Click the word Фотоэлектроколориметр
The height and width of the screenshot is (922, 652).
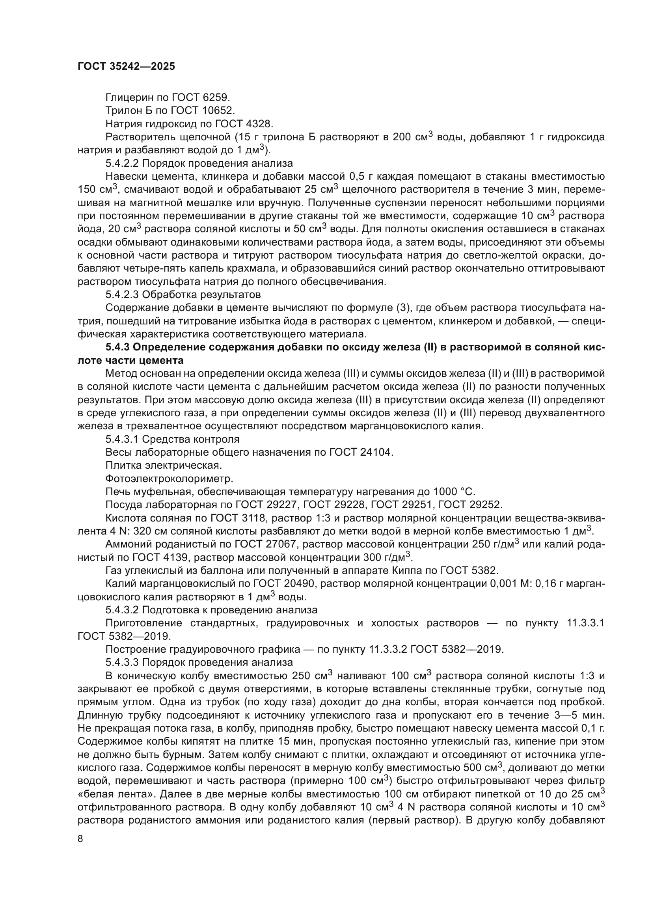coord(169,479)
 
